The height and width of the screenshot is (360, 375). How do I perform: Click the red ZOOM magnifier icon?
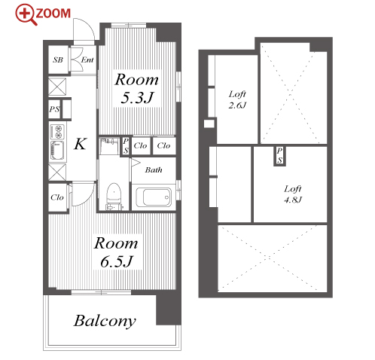point(26,14)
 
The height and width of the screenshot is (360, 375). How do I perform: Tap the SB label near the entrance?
point(58,59)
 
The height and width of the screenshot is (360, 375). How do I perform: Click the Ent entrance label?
point(87,59)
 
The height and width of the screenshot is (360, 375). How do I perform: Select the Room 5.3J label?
point(137,89)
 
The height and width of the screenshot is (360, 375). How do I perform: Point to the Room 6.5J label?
point(116,252)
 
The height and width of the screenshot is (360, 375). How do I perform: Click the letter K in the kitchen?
point(81,144)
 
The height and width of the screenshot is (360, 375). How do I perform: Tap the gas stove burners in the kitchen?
point(57,132)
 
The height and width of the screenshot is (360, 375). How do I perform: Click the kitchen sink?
point(57,151)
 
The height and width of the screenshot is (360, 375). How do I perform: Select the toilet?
point(114,197)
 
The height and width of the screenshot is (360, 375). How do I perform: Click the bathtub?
point(154,197)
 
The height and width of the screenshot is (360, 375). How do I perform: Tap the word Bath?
point(154,170)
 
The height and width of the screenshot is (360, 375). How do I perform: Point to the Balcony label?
point(105,321)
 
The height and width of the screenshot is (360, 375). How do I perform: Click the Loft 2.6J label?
point(237,99)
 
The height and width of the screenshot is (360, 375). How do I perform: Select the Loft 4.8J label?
point(293,194)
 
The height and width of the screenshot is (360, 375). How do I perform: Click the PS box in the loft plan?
point(279,156)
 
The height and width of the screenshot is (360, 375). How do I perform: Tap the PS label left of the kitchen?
point(54,109)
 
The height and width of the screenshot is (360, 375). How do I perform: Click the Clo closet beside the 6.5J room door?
point(57,197)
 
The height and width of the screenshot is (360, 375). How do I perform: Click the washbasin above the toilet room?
point(109,146)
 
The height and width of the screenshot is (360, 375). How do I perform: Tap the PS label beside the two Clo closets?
point(126,146)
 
